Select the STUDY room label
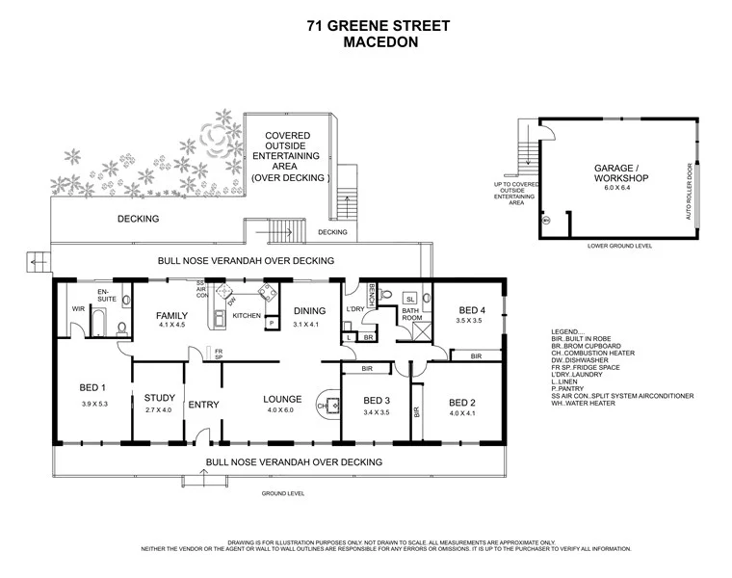[x=159, y=397]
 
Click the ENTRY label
[x=203, y=404]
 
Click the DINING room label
[x=309, y=310]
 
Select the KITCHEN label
[x=248, y=315]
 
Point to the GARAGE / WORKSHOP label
[x=620, y=173]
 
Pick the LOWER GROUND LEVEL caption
[x=619, y=246]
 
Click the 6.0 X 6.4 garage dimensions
[x=620, y=190]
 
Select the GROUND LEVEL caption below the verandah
[x=283, y=492]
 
